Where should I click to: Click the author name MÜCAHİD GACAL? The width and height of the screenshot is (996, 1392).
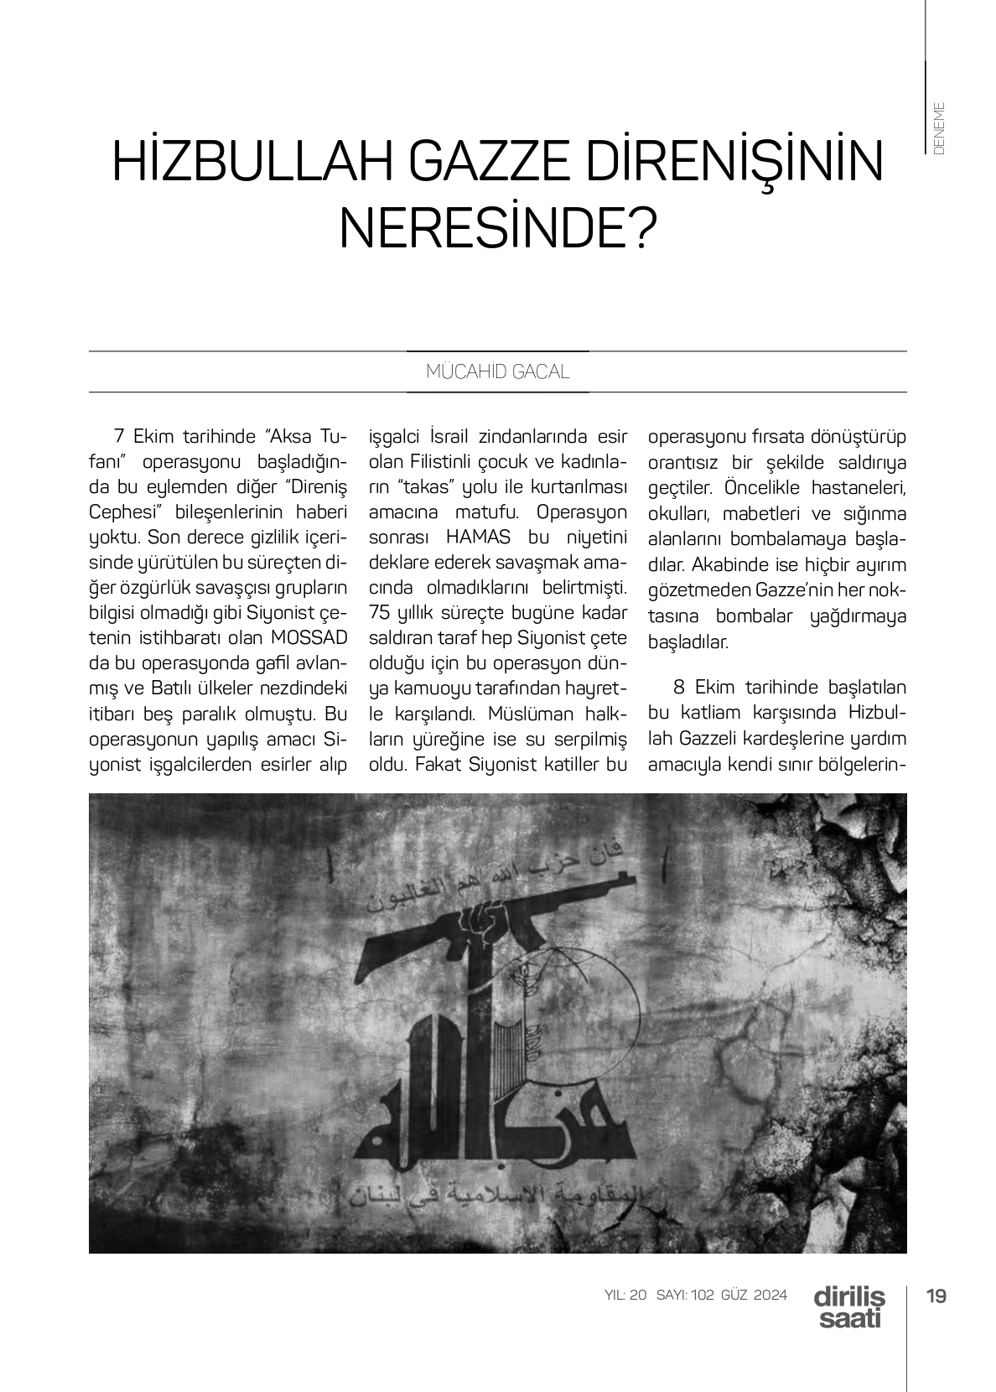(497, 372)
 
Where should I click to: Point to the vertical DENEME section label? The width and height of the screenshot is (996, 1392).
(939, 127)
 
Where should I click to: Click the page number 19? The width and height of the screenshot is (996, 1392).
(936, 1296)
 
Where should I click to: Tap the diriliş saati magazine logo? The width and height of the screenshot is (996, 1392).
(848, 1306)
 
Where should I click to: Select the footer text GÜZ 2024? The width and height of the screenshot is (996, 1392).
(755, 1295)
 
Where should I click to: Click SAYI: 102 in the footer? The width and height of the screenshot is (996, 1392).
(685, 1295)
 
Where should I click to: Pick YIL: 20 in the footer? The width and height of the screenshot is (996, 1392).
(625, 1295)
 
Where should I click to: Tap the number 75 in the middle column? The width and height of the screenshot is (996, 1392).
(380, 612)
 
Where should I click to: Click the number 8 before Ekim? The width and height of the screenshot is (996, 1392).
(679, 688)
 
